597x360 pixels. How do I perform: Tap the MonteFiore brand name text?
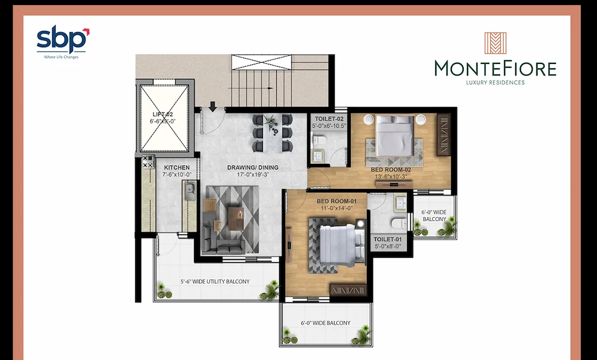[x=495, y=69]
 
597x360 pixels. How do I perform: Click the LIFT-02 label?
[x=163, y=114]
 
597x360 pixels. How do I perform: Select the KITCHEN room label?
[x=177, y=167]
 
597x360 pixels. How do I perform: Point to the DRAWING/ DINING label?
[x=253, y=167]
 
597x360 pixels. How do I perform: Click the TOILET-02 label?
[x=329, y=119]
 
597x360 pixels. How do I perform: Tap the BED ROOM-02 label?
[x=391, y=170]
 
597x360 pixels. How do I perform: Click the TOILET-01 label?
[x=387, y=239]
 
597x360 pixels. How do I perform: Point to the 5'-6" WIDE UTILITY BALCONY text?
[x=215, y=282]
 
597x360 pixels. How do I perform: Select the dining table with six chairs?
[x=272, y=133]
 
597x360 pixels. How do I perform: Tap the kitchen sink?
[x=190, y=191]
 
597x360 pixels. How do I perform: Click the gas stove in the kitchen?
[x=148, y=162]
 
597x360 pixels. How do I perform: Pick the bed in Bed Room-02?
[x=395, y=136]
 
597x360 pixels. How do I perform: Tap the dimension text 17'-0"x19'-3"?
[x=253, y=174]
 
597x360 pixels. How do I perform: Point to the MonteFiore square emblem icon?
[x=495, y=43]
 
